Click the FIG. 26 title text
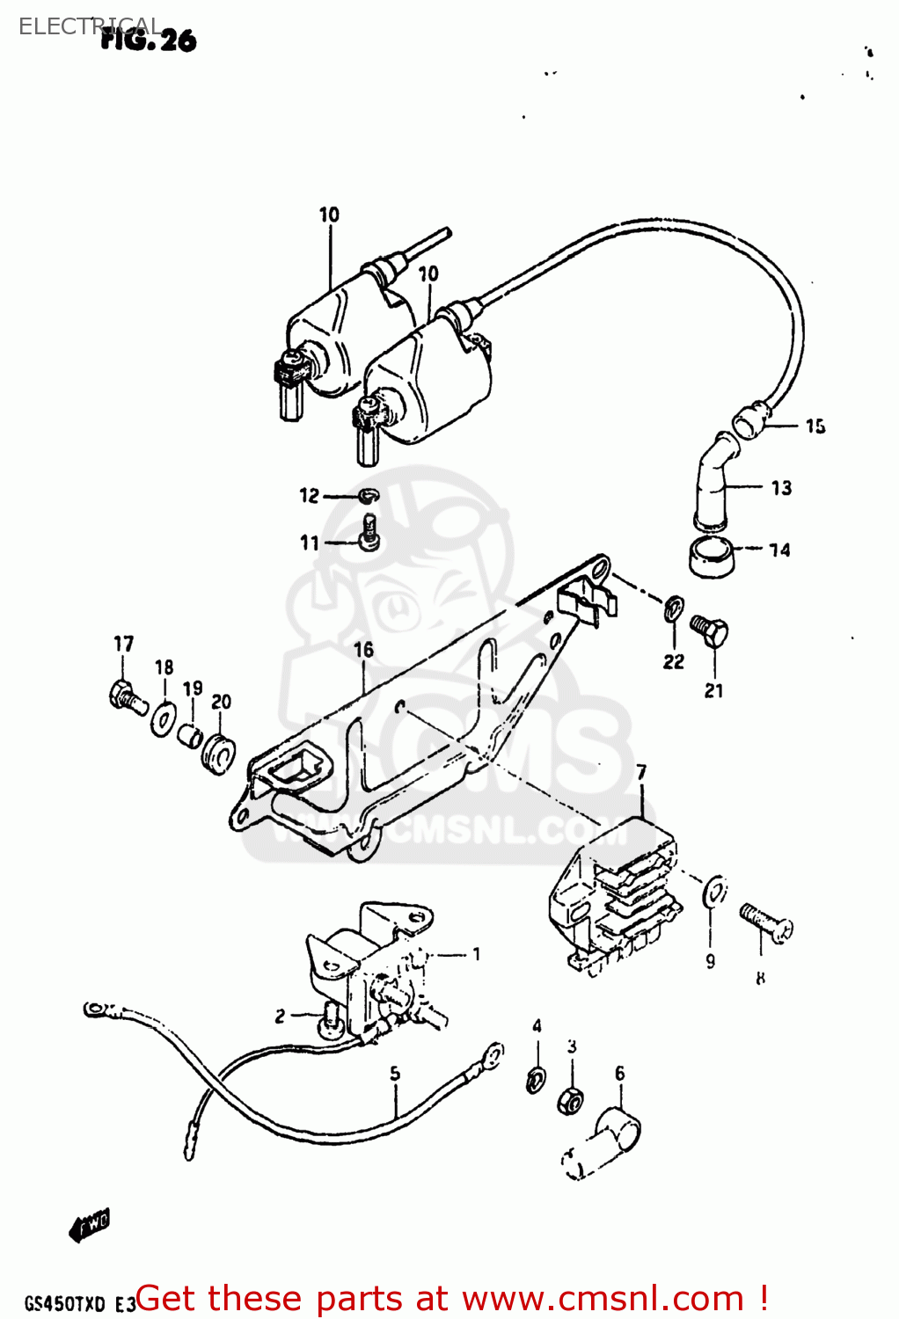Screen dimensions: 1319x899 click(x=148, y=40)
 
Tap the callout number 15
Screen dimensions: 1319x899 click(x=815, y=426)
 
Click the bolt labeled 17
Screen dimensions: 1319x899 click(x=126, y=697)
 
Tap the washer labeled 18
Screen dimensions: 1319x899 click(x=163, y=719)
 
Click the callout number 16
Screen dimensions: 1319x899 click(x=363, y=650)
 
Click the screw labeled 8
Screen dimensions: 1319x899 click(x=766, y=923)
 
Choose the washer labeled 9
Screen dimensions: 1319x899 click(x=714, y=891)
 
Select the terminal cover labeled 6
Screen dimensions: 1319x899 click(x=607, y=1143)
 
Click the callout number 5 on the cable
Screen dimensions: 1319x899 click(x=395, y=1074)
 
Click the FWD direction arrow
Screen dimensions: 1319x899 click(x=90, y=1224)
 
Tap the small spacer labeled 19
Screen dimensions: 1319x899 click(x=190, y=734)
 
